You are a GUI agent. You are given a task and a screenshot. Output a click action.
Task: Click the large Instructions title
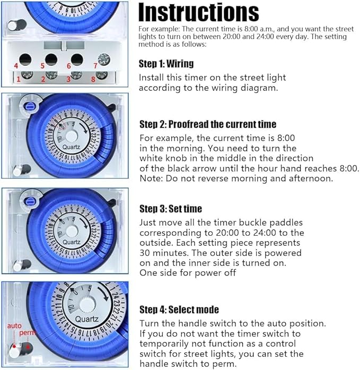click(x=199, y=12)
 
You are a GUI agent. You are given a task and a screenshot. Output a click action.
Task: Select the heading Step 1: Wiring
click(x=166, y=64)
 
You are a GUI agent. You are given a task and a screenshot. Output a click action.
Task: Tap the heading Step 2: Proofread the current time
click(x=208, y=124)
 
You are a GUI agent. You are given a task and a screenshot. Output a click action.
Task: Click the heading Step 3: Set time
click(x=171, y=209)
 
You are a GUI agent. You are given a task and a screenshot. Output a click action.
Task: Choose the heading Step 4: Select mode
click(x=179, y=309)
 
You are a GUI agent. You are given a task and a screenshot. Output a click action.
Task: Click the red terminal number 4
click(x=16, y=66)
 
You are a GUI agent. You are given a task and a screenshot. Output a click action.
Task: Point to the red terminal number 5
click(x=42, y=66)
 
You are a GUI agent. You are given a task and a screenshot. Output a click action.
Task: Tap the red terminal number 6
click(x=69, y=66)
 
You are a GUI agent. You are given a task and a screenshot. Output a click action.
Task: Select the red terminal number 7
click(x=95, y=65)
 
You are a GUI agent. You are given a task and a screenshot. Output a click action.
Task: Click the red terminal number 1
click(x=19, y=79)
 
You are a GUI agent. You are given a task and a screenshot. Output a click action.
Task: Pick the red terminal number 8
click(x=93, y=79)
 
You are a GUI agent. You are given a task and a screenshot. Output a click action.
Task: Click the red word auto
click(x=14, y=326)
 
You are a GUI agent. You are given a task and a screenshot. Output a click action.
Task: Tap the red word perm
click(x=27, y=333)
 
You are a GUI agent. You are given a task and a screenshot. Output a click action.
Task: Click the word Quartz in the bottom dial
click(x=87, y=319)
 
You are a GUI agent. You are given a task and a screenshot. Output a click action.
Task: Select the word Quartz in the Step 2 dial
click(x=71, y=147)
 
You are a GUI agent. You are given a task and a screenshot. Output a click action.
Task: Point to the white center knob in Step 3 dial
click(x=72, y=231)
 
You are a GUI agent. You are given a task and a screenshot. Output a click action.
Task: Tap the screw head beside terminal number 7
click(x=104, y=59)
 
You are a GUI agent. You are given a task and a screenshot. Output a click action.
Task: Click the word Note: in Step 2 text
click(x=151, y=178)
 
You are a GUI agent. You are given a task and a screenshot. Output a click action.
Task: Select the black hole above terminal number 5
click(x=51, y=59)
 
